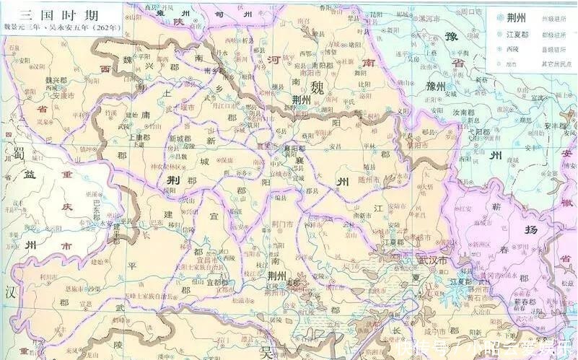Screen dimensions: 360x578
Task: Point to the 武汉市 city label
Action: pos(433,260)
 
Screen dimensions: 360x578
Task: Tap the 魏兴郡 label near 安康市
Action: pos(37,81)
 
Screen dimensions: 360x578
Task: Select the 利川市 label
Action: pos(30,276)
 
